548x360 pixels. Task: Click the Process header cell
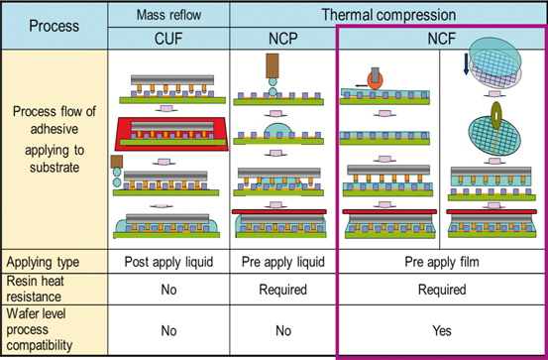(x=54, y=26)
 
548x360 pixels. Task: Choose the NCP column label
(x=282, y=38)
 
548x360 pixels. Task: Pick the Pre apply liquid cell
(x=282, y=263)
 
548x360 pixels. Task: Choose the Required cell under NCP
(x=282, y=290)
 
